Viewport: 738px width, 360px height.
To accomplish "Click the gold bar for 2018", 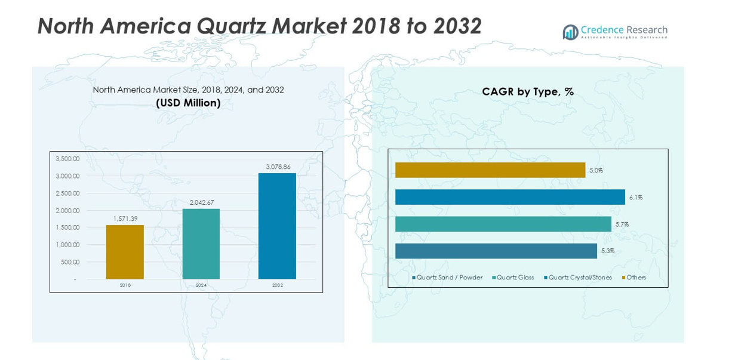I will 125,252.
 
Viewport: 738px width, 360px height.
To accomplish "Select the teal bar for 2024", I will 201,244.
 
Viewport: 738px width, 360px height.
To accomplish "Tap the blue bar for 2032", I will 277,226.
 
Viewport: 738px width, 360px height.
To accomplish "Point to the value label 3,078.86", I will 277,167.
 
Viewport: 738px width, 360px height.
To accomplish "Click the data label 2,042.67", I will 201,202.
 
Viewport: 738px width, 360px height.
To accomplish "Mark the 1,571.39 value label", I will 125,219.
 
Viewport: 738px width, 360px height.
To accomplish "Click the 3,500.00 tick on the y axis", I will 67,159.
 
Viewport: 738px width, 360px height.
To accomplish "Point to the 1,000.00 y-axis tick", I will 67,245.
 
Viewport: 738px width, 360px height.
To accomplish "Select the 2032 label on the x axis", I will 278,285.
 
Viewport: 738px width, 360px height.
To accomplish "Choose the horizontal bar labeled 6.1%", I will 510,197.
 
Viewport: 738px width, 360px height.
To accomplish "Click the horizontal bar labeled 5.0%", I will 490,170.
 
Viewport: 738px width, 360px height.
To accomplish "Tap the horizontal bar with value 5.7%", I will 503,224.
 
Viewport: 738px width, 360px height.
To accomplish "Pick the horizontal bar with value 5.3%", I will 496,251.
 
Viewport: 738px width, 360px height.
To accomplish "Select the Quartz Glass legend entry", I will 515,278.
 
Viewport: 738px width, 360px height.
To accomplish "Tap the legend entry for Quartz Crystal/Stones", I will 580,278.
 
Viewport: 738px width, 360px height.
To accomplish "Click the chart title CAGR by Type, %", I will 528,92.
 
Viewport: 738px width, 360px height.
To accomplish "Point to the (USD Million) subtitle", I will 188,103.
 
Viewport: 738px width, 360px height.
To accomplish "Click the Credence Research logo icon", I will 570,32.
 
